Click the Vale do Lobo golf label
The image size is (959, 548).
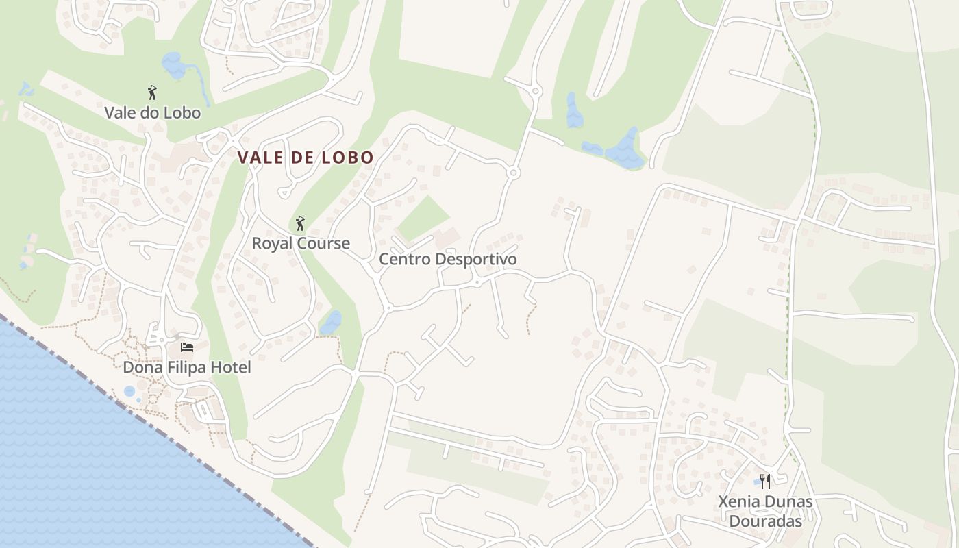(x=152, y=113)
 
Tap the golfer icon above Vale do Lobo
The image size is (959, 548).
(x=152, y=92)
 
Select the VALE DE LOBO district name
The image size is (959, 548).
(x=306, y=158)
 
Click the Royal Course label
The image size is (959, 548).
(x=301, y=243)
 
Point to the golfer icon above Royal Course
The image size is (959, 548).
(x=299, y=223)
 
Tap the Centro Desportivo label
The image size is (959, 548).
(x=447, y=259)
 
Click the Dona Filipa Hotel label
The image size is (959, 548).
(x=187, y=367)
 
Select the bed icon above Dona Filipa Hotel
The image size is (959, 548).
(x=187, y=347)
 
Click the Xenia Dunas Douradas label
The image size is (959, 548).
(x=765, y=511)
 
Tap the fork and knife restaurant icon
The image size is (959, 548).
(x=765, y=482)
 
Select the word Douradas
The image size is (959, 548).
(x=765, y=521)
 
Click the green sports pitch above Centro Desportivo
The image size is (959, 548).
(x=423, y=218)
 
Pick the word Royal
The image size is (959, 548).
(x=272, y=243)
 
